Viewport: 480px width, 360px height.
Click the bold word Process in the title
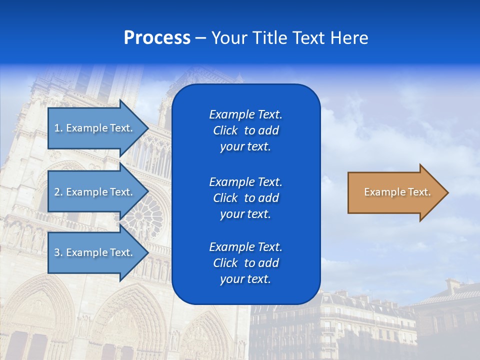pos(157,38)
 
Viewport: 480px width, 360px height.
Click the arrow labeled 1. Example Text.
pos(95,128)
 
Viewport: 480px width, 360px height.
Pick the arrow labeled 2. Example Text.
pos(95,192)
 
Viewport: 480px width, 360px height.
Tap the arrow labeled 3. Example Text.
pos(95,252)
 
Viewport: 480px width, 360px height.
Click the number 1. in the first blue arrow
pos(58,128)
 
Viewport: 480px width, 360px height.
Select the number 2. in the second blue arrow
pos(58,192)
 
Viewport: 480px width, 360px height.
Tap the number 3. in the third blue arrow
pos(58,252)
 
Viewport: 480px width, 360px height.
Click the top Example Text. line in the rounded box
pos(245,114)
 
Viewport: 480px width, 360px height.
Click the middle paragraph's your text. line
pos(245,214)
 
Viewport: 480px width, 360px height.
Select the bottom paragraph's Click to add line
pos(245,263)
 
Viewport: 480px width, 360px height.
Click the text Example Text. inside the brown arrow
pos(397,192)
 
